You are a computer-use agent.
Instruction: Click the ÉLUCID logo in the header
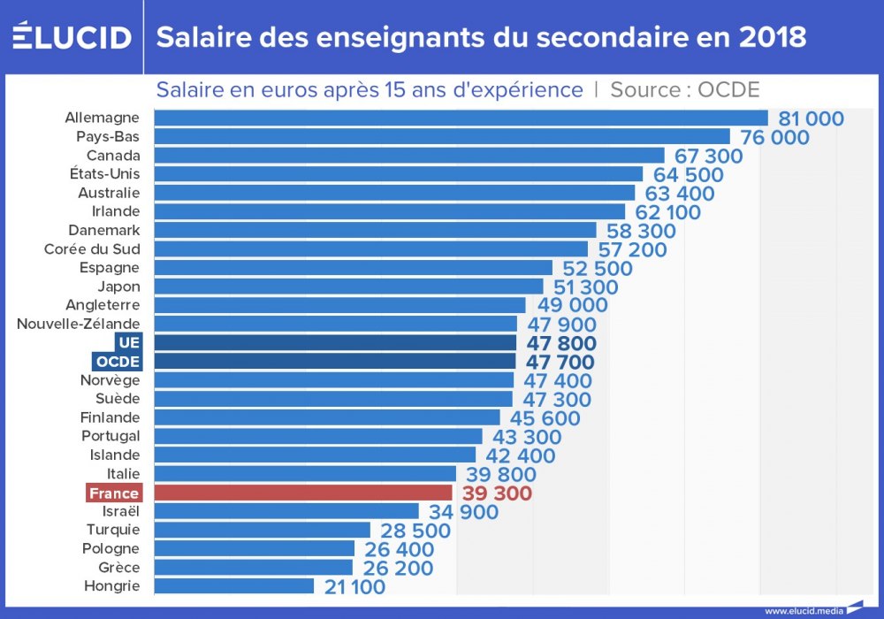point(72,37)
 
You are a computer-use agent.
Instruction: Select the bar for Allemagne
point(461,118)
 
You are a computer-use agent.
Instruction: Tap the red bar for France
point(303,493)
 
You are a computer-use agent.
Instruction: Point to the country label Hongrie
point(111,585)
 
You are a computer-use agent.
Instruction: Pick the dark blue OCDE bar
point(335,361)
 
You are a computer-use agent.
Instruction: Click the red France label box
point(114,493)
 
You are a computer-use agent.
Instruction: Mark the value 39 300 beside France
point(497,493)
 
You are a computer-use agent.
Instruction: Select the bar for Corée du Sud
point(371,248)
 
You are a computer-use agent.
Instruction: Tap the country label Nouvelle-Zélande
point(79,324)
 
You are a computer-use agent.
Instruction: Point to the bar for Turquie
point(263,530)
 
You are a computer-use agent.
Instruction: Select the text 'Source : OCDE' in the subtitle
point(684,90)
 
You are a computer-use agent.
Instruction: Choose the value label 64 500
point(687,175)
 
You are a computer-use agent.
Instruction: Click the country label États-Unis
point(104,173)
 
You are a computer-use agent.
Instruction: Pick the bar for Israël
point(286,511)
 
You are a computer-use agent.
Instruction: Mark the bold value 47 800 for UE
point(561,343)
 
